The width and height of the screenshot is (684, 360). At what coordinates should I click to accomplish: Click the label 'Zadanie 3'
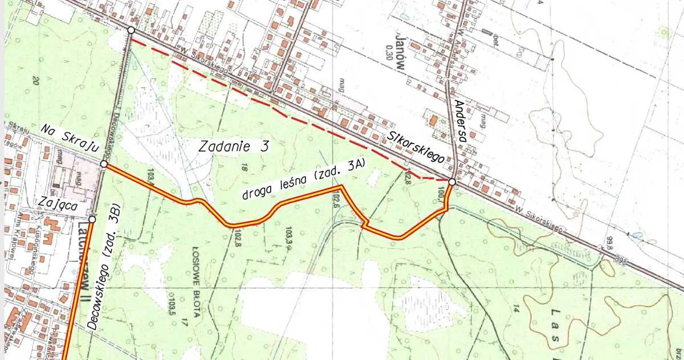click(234, 146)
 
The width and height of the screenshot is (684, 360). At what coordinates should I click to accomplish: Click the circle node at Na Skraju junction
click(104, 164)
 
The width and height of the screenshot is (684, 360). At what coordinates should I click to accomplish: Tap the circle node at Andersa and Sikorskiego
click(451, 182)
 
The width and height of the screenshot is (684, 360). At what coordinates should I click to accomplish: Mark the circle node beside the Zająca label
click(92, 219)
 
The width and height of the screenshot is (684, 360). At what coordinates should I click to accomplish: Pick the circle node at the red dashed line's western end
click(131, 30)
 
